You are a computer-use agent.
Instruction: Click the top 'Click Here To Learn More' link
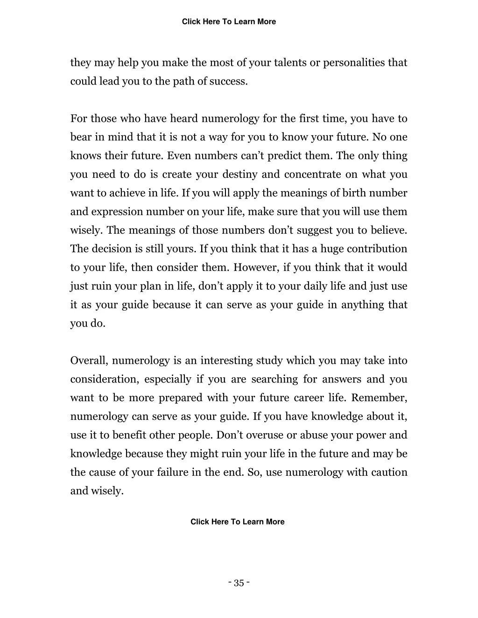click(229, 21)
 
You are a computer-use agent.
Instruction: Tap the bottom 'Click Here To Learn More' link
click(237, 521)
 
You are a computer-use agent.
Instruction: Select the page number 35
click(239, 583)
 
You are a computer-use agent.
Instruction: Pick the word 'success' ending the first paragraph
click(228, 81)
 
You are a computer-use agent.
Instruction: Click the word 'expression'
click(117, 212)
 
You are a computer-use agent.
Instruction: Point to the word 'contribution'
click(377, 249)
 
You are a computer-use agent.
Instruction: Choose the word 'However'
click(256, 268)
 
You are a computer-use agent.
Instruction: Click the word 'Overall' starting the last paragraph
click(89, 361)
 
